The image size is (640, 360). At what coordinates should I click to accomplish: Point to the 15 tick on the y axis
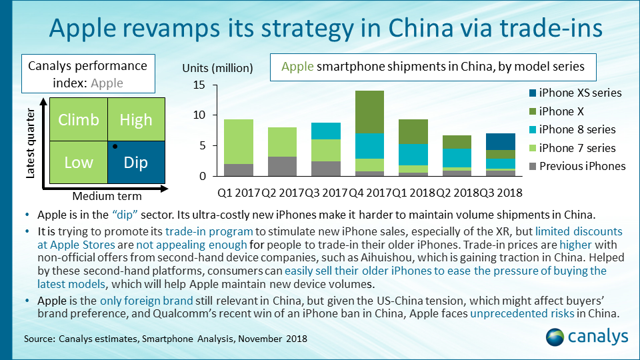point(198,85)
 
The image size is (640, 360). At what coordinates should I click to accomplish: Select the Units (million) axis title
point(217,68)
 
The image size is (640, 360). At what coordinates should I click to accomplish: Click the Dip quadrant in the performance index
point(136,163)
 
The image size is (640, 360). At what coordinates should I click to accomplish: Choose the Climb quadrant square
point(78,120)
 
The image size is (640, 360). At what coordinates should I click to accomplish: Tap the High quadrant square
point(136,120)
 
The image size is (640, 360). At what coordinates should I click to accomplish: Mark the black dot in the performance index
point(115,145)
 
